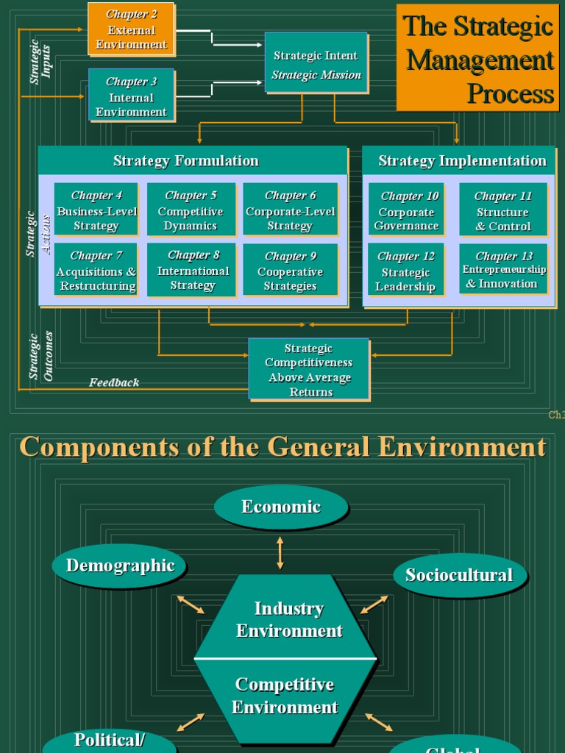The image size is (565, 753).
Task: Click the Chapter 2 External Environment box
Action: pyautogui.click(x=131, y=29)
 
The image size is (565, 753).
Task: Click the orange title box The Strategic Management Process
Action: pyautogui.click(x=477, y=58)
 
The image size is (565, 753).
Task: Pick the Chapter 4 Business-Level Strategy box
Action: pyautogui.click(x=96, y=210)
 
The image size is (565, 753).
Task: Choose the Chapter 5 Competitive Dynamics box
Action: pyautogui.click(x=191, y=210)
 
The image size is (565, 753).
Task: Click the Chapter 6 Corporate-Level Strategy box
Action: pyautogui.click(x=290, y=210)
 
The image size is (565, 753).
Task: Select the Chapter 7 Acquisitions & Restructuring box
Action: pyautogui.click(x=96, y=270)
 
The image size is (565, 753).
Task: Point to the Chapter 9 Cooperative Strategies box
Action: pyautogui.click(x=290, y=270)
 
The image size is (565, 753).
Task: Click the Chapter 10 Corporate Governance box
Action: pyautogui.click(x=406, y=211)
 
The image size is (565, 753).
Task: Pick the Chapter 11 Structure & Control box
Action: pyautogui.click(x=503, y=210)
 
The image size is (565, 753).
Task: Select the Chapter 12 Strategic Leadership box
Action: pyautogui.click(x=406, y=271)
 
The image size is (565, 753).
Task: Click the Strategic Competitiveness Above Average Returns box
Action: pyautogui.click(x=309, y=370)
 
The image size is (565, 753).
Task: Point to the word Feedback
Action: pyautogui.click(x=114, y=382)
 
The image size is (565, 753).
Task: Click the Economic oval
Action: pyautogui.click(x=280, y=507)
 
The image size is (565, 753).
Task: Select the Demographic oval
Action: pyautogui.click(x=120, y=565)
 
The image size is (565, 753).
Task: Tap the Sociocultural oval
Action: pyautogui.click(x=459, y=575)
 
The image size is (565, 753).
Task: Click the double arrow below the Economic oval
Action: pyautogui.click(x=280, y=552)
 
